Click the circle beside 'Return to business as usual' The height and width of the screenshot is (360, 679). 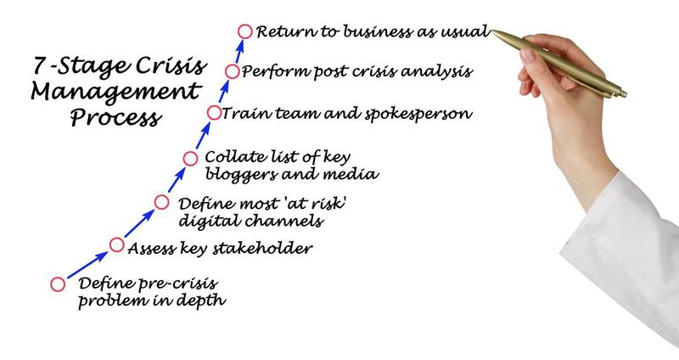click(x=244, y=32)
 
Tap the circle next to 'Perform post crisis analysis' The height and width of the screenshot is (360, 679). click(x=232, y=72)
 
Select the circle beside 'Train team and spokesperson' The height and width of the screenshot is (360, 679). click(x=215, y=112)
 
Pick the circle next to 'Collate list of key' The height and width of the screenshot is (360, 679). click(x=191, y=158)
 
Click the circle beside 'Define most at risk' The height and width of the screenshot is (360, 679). click(x=162, y=202)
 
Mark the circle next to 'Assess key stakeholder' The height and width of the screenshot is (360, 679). click(x=117, y=246)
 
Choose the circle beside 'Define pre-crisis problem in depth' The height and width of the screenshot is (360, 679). click(x=58, y=284)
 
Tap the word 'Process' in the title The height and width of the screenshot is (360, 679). click(x=115, y=117)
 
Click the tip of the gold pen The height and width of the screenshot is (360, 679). click(x=494, y=33)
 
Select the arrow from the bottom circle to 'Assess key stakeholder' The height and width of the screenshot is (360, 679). click(x=87, y=265)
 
